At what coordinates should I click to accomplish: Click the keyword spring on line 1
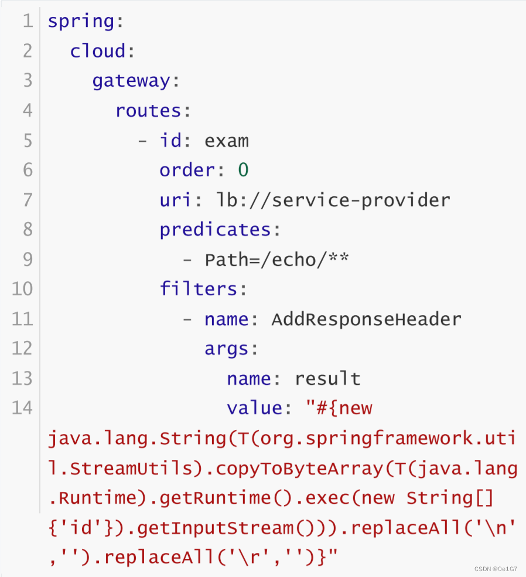point(80,22)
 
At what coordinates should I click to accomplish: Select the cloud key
point(97,52)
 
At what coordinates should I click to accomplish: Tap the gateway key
point(131,81)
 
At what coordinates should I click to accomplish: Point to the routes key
point(148,111)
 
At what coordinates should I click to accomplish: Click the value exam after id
point(227,141)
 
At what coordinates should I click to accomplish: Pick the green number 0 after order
point(243,170)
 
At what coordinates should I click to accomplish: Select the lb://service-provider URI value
point(333,200)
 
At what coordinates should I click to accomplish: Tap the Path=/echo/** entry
point(276,260)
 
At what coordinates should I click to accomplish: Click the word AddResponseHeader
point(367,319)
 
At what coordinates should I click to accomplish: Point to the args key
point(227,349)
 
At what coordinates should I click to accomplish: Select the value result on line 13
point(327,379)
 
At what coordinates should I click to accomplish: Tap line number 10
point(22,289)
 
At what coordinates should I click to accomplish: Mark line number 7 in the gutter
point(28,200)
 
